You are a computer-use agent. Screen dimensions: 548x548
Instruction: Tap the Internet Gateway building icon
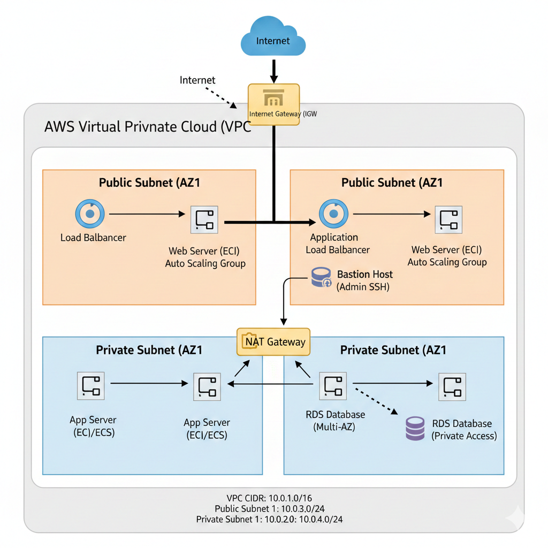273,100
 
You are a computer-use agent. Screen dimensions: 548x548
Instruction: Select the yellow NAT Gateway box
273,342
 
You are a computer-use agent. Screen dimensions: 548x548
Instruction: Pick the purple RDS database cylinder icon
416,428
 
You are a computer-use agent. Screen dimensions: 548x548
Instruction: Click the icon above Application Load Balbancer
334,214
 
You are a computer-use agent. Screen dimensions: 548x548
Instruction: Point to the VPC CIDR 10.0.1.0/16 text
273,498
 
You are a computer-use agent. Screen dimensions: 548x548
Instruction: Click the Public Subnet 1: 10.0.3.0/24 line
273,508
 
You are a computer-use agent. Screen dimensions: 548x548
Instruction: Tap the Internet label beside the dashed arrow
197,80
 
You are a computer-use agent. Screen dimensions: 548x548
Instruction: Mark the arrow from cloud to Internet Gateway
273,71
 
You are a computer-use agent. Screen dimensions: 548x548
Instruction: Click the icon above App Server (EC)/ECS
90,385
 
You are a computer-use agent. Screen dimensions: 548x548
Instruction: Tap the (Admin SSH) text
363,287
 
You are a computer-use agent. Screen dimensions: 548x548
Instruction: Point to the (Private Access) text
464,436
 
